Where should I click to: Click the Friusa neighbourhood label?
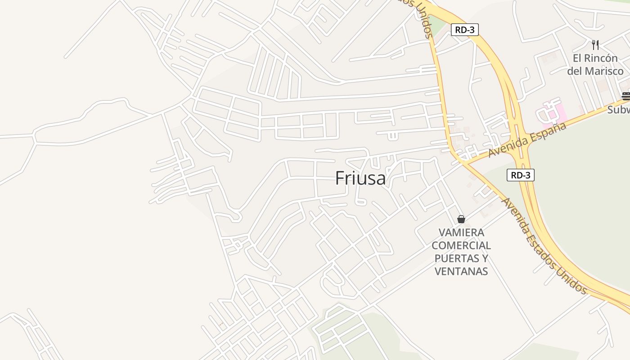click(x=360, y=179)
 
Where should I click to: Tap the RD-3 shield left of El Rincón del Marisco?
click(x=464, y=30)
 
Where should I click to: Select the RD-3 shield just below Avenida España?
click(x=521, y=175)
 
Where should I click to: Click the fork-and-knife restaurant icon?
click(x=595, y=45)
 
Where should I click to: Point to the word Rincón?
click(x=602, y=58)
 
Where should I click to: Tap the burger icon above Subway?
click(x=625, y=96)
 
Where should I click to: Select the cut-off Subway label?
click(x=619, y=109)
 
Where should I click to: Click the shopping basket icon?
click(x=461, y=219)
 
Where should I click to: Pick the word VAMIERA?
click(x=461, y=233)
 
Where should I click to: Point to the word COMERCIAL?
click(x=461, y=246)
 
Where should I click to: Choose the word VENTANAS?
click(x=461, y=271)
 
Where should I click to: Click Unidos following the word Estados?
click(x=571, y=280)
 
